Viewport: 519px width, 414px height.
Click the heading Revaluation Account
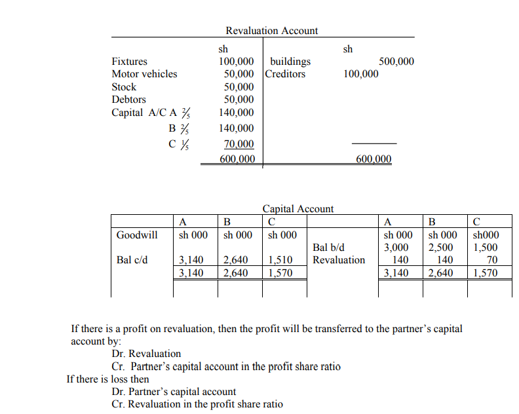click(271, 31)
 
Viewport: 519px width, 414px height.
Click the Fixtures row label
click(129, 62)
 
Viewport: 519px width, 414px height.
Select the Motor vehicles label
click(144, 74)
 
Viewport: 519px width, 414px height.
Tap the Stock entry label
click(124, 87)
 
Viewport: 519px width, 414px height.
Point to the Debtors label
click(128, 100)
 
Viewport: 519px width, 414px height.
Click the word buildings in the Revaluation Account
click(290, 62)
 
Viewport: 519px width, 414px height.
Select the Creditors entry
click(286, 74)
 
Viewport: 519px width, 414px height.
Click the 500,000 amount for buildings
click(396, 62)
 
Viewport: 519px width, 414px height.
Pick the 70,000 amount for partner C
click(239, 144)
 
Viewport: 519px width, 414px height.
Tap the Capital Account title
click(298, 209)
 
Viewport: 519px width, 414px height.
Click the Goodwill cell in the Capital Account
click(136, 235)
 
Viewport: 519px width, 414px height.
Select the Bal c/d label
click(132, 260)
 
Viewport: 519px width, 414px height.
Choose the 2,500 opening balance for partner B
click(440, 248)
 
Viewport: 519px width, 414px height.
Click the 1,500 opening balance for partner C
click(484, 248)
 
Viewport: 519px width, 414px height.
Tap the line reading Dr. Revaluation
click(146, 354)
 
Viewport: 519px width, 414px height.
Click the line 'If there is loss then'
click(108, 379)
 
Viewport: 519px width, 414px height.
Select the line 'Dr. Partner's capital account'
click(174, 392)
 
